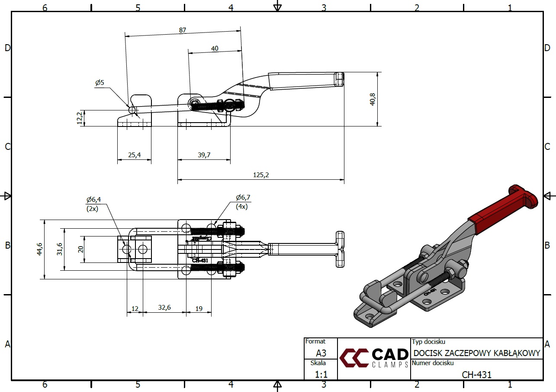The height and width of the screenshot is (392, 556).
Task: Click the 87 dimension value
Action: tap(182, 30)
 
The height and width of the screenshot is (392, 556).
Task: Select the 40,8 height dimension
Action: tap(373, 99)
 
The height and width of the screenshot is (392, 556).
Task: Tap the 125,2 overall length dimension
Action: tap(260, 175)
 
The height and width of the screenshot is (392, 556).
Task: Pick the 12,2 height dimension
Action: tap(79, 118)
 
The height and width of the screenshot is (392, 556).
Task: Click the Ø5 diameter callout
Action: tap(100, 83)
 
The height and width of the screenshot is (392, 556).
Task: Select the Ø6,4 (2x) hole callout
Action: tap(93, 203)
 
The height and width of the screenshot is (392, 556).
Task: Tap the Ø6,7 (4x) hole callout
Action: tap(243, 201)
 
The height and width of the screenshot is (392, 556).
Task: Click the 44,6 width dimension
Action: tap(39, 249)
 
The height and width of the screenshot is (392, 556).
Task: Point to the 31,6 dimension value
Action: tap(59, 249)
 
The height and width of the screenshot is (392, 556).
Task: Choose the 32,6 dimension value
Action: tap(164, 308)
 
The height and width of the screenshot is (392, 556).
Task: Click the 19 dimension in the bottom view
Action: tap(199, 308)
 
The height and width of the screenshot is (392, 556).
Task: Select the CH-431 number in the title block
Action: tap(476, 375)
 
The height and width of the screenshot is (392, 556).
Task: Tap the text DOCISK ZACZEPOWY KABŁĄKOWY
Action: tap(477, 353)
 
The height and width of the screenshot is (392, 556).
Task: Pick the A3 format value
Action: tap(321, 353)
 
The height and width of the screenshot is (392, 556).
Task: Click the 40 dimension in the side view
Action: tap(215, 49)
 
